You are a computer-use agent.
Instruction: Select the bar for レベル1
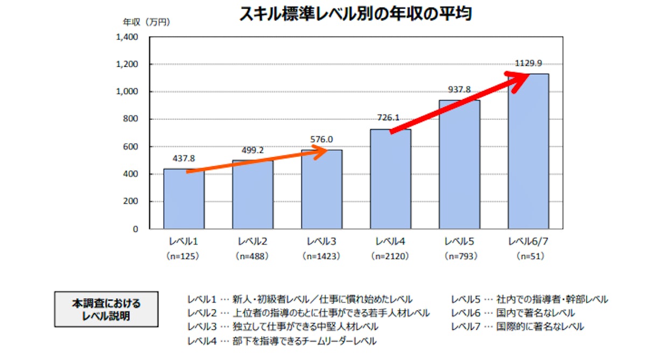coord(184,199)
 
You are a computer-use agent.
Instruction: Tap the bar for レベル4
coord(391,180)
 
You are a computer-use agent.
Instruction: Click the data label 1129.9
coord(528,63)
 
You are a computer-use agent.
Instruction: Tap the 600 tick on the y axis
coord(131,147)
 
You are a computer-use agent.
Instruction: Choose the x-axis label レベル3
coord(321,241)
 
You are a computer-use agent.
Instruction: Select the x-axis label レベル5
coord(459,241)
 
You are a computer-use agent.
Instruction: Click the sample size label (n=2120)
coord(390,257)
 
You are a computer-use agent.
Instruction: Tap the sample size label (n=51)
coord(528,257)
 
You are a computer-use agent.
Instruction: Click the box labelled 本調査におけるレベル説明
coord(106,309)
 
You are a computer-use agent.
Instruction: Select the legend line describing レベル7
coord(517,327)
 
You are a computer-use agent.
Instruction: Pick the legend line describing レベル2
coord(308,313)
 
